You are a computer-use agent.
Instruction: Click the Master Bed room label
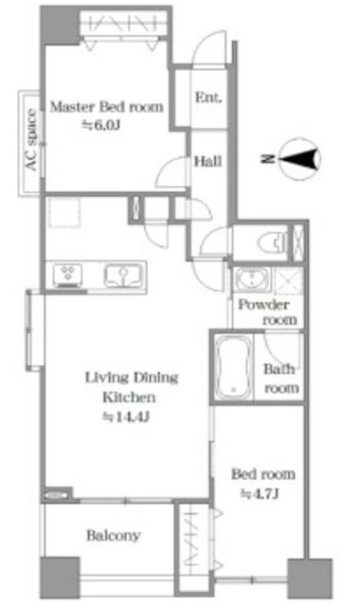click(107, 107)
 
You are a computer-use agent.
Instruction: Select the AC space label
click(31, 139)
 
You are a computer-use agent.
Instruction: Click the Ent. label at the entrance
click(208, 98)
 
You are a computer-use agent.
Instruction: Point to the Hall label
click(207, 161)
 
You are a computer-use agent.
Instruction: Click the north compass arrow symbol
click(300, 159)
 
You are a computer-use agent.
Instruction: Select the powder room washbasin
click(251, 278)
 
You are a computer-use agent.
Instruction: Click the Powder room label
click(267, 312)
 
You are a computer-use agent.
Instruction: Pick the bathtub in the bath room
click(232, 366)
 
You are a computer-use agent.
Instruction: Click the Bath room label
click(281, 379)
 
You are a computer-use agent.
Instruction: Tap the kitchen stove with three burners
click(67, 275)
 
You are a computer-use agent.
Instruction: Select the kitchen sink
click(122, 276)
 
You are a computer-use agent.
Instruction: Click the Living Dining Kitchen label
click(132, 387)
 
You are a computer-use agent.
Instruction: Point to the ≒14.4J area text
click(125, 417)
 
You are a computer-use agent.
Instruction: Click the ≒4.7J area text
click(260, 493)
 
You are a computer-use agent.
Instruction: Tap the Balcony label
click(114, 535)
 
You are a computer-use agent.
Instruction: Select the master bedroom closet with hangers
click(124, 23)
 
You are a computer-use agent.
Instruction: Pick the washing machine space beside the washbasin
click(288, 278)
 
